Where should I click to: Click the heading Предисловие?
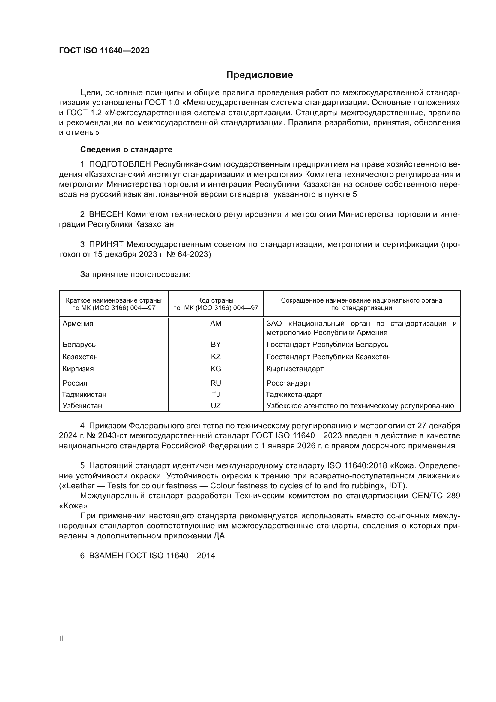pos(259,75)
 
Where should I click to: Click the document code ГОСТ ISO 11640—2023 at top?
pos(104,51)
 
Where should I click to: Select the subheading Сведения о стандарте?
pos(126,149)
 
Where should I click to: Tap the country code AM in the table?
pos(216,324)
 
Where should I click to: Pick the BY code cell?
pos(216,344)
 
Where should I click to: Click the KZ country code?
pos(216,357)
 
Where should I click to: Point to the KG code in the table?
pos(216,369)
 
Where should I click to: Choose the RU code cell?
pos(216,383)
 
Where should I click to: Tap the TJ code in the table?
pos(216,394)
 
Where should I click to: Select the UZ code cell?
pos(216,406)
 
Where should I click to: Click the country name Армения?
pos(78,324)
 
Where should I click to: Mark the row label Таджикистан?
pos(84,394)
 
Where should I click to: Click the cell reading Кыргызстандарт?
pos(295,369)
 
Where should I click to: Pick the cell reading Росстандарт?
pos(288,383)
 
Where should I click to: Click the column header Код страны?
pos(216,300)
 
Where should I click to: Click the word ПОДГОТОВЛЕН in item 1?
pos(120,164)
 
